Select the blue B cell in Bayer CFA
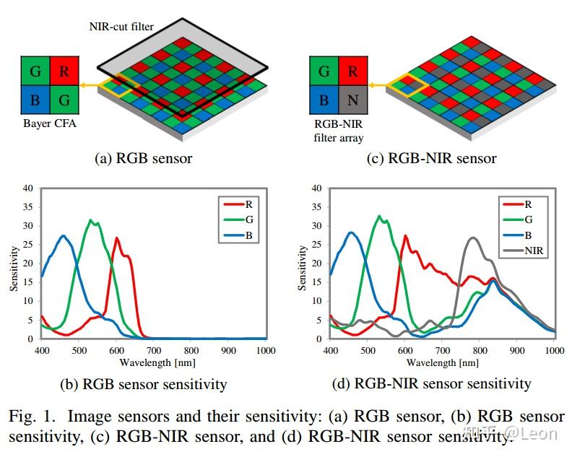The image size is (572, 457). pyautogui.click(x=34, y=100)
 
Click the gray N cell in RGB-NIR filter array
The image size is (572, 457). pyautogui.click(x=352, y=100)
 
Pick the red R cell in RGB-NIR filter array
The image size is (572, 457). pyautogui.click(x=352, y=71)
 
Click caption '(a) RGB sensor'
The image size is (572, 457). pyautogui.click(x=144, y=158)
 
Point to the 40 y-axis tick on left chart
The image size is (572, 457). pyautogui.click(x=28, y=188)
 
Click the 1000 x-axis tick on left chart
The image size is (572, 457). pyautogui.click(x=265, y=349)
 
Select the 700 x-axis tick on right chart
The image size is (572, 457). pyautogui.click(x=443, y=349)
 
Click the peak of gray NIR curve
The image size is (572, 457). pyautogui.click(x=472, y=238)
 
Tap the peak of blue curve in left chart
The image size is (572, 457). pyautogui.click(x=64, y=235)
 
